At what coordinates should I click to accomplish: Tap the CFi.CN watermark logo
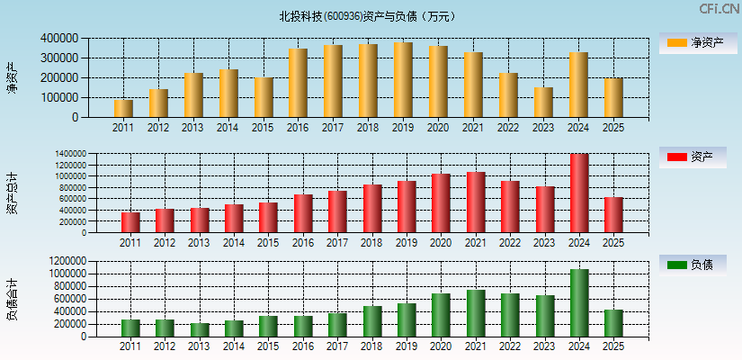(x=719, y=9)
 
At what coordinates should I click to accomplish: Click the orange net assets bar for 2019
(x=403, y=80)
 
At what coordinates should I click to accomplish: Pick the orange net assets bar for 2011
(x=123, y=108)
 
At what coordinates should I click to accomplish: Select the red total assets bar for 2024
(x=578, y=193)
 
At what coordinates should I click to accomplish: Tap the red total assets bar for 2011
(x=130, y=222)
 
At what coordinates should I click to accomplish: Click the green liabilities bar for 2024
(x=578, y=302)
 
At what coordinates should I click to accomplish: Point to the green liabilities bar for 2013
(x=200, y=329)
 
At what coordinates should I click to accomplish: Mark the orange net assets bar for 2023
(x=542, y=103)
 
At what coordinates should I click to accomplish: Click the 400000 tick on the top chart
(x=58, y=39)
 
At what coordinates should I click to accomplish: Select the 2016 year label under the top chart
(x=298, y=128)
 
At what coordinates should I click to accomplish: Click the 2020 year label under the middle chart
(x=441, y=243)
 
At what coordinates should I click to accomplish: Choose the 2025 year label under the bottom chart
(x=612, y=346)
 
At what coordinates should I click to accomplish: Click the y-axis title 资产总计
(x=12, y=193)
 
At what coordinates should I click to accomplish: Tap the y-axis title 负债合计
(x=12, y=300)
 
